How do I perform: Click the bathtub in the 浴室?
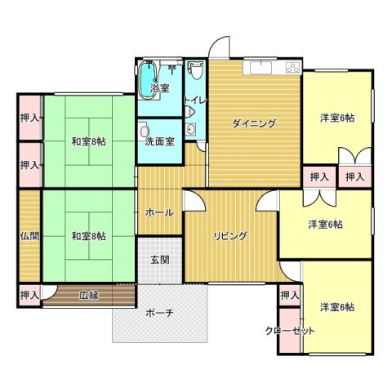tap(147, 78)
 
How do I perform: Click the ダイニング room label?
tap(253, 123)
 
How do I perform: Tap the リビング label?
tap(230, 236)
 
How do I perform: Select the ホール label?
tap(158, 212)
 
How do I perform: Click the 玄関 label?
tap(159, 261)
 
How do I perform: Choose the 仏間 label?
tap(29, 236)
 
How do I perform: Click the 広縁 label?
tap(88, 295)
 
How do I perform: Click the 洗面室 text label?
tap(160, 141)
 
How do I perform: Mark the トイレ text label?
tap(195, 100)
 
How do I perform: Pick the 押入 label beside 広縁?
tap(29, 295)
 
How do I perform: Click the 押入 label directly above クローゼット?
tap(289, 295)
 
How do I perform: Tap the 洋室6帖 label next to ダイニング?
tap(336, 118)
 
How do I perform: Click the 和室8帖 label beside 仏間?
tap(88, 236)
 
